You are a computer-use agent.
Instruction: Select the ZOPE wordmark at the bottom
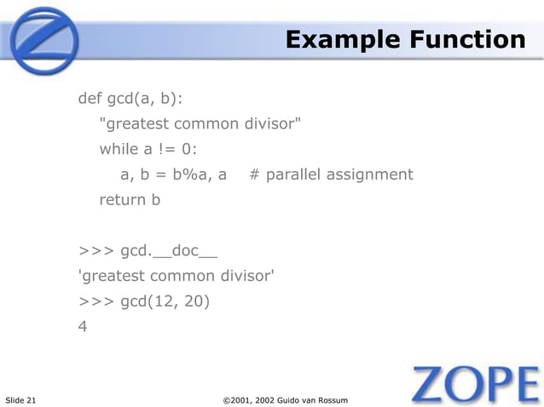point(475,385)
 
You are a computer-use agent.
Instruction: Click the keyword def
point(90,98)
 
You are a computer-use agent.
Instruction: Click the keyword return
point(121,200)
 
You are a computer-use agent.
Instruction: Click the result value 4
point(83,325)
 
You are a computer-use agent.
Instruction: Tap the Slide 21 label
point(21,400)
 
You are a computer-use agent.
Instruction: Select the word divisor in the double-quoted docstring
point(271,123)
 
